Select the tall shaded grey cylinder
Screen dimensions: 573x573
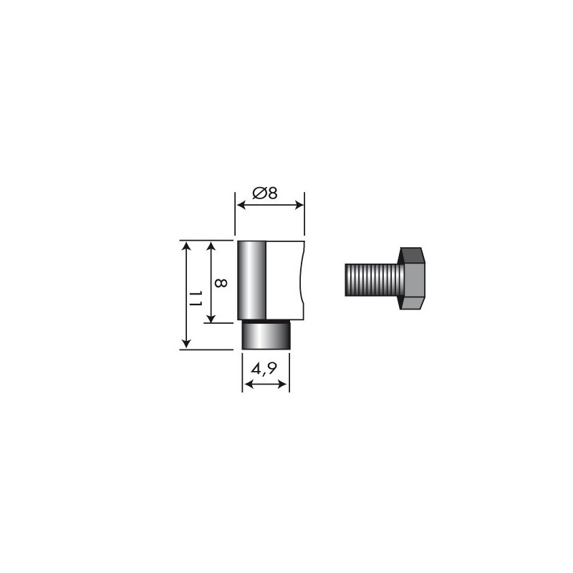252,281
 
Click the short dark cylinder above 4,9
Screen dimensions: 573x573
266,335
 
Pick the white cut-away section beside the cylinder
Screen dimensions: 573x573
286,281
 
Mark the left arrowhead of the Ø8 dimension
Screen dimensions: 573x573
241,206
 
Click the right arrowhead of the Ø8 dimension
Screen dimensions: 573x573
301,206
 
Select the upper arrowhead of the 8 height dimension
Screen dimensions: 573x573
211,246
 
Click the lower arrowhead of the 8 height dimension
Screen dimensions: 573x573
211,319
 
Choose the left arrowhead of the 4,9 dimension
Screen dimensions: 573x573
247,385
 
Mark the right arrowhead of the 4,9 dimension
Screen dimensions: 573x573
286,385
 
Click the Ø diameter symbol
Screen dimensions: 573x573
260,193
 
